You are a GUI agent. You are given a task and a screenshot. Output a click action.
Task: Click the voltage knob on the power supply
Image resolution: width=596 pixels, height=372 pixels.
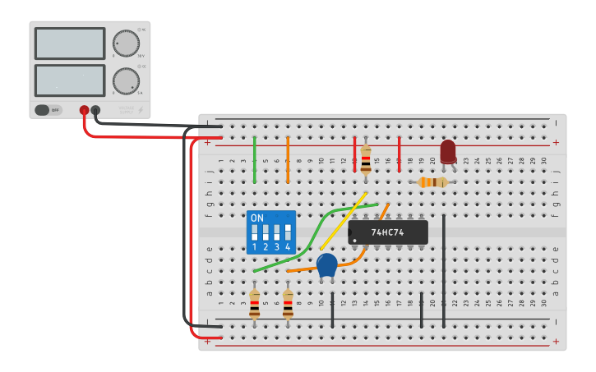[x=126, y=44]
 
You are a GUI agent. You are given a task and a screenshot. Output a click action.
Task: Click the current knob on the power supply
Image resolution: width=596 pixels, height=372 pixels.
[x=126, y=80]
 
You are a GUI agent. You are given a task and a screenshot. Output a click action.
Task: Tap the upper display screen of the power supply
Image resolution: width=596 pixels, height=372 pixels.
[x=70, y=44]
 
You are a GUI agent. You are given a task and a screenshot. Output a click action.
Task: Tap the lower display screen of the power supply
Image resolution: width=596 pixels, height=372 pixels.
[x=70, y=80]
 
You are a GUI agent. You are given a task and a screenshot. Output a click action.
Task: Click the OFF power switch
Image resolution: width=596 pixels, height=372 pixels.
[x=48, y=110]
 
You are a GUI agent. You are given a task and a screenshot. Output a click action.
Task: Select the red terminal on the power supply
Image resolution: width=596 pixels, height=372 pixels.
[x=84, y=110]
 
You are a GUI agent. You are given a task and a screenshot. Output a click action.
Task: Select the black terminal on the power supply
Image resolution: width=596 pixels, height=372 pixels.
[x=95, y=110]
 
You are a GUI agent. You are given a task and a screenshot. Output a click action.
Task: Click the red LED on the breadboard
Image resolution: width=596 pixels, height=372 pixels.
[x=448, y=152]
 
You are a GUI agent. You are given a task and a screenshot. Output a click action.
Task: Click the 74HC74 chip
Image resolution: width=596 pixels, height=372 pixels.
[x=388, y=232]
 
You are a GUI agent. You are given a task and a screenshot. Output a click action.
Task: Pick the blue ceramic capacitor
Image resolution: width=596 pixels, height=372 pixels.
[x=327, y=264]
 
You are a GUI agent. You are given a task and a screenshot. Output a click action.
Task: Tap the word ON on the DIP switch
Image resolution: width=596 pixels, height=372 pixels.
[x=257, y=218]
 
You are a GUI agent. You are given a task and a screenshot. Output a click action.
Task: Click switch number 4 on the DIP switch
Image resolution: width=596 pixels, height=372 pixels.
[x=288, y=232]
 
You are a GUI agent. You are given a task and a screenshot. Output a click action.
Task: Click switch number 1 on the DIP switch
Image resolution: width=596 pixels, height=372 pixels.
[x=255, y=232]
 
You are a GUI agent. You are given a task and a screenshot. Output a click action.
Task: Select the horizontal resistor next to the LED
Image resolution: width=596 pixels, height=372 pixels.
[x=432, y=181]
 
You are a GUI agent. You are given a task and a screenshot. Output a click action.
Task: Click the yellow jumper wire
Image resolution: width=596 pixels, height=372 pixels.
[x=343, y=222]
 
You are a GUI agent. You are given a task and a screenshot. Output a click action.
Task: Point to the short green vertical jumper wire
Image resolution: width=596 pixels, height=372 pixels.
[x=255, y=159]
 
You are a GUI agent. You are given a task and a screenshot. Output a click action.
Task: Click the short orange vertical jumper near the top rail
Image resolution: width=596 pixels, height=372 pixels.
[x=288, y=159]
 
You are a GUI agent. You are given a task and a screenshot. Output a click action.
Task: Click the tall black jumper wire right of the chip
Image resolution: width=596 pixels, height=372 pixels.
[x=444, y=271]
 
